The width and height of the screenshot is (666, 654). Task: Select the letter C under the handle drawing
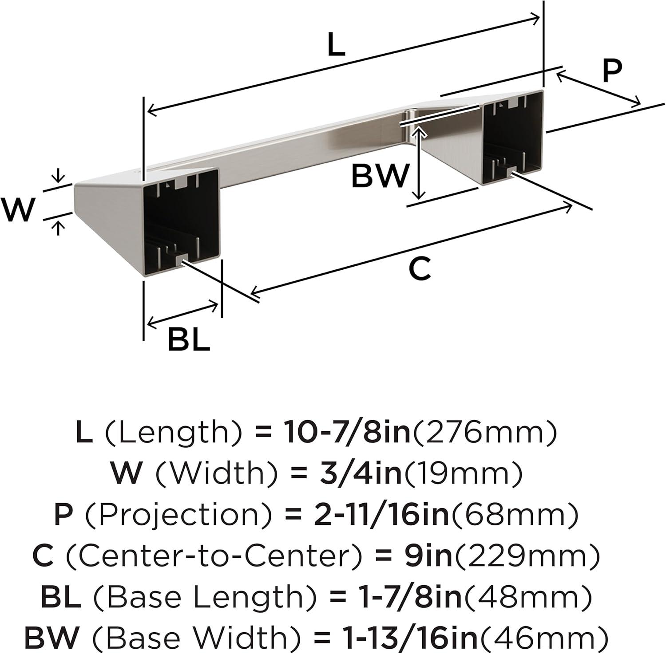[419, 268]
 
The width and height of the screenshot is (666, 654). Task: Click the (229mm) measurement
[527, 556]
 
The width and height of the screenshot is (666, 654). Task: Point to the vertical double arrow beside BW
[418, 162]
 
